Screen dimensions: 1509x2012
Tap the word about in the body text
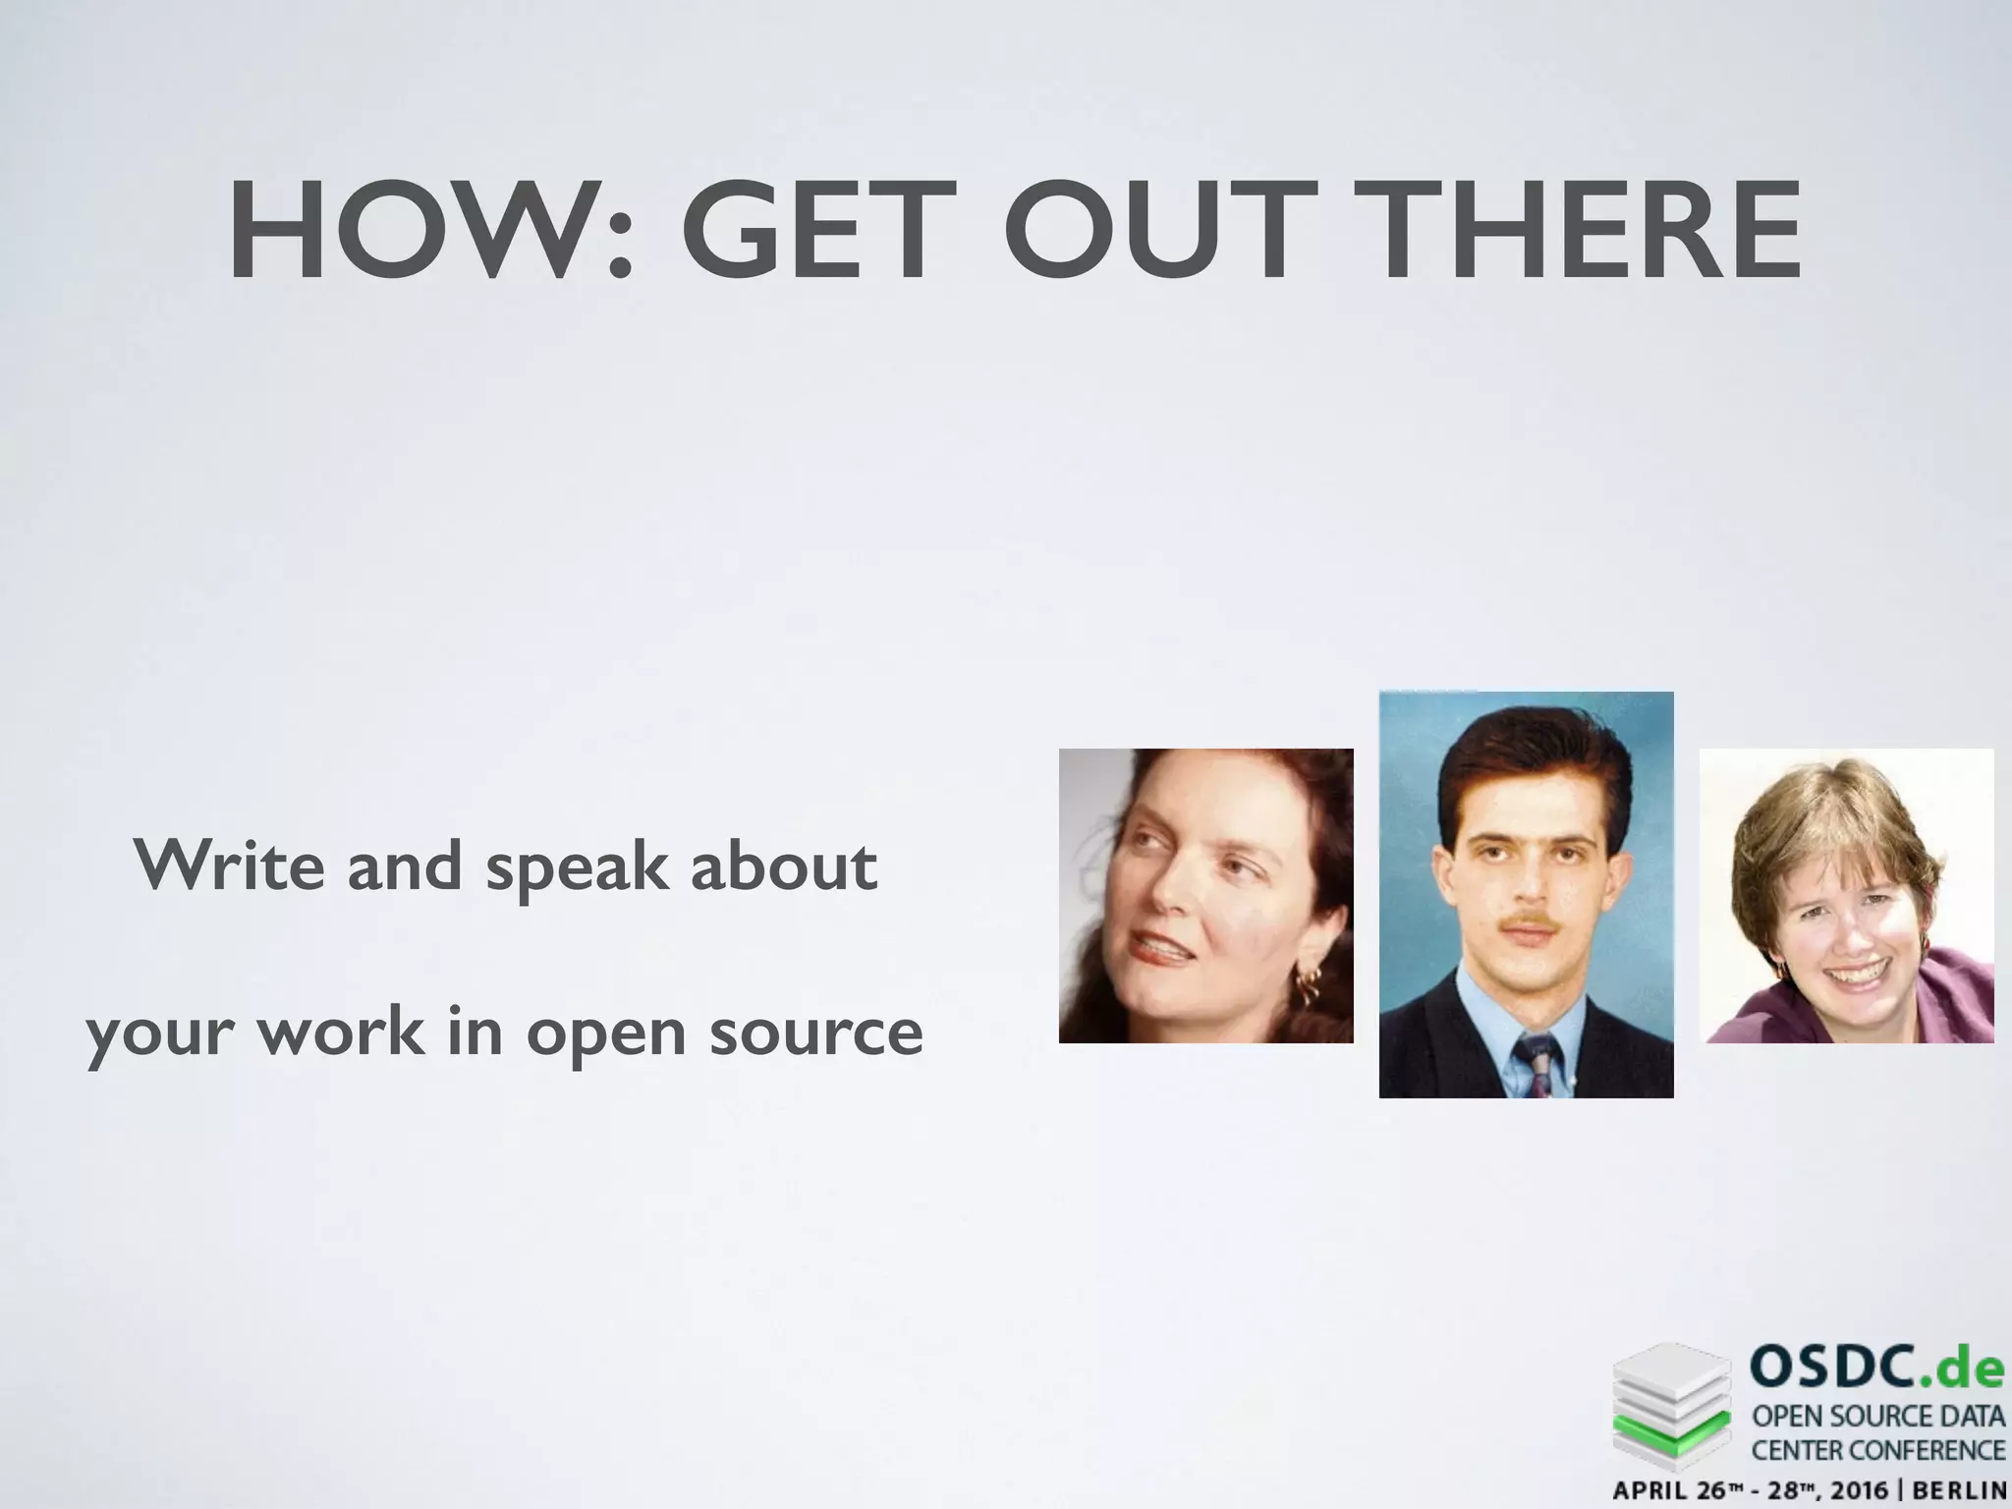pyautogui.click(x=783, y=866)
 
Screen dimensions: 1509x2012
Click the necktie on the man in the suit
pyautogui.click(x=1534, y=1067)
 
